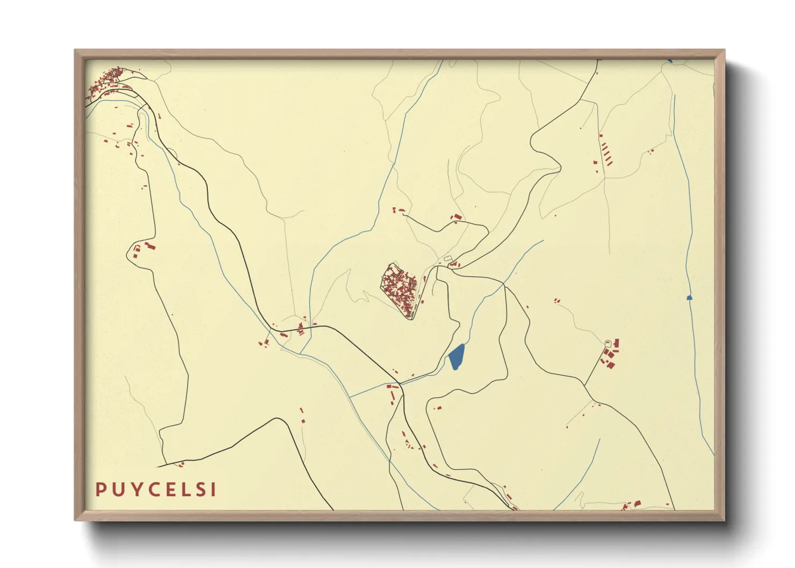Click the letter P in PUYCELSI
click(100, 490)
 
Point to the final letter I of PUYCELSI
click(214, 490)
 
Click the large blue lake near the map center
click(456, 357)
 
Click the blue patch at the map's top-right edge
click(669, 61)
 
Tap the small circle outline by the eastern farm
click(608, 343)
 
